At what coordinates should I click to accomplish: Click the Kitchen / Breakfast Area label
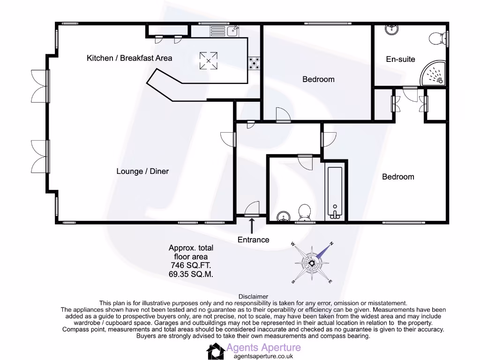click(x=129, y=58)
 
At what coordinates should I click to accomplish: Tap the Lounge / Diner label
click(x=142, y=171)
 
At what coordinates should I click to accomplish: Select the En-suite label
click(x=400, y=59)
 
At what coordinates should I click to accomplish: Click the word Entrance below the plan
click(x=253, y=240)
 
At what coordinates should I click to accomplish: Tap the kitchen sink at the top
click(x=232, y=31)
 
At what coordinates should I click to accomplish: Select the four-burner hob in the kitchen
click(x=255, y=63)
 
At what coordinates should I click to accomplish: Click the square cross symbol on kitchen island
click(x=209, y=60)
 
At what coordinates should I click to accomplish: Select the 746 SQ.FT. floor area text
click(x=191, y=265)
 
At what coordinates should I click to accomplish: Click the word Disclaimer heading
click(x=253, y=296)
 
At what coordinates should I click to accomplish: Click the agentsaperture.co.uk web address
click(x=263, y=356)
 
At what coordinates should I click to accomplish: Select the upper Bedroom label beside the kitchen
click(x=318, y=79)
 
